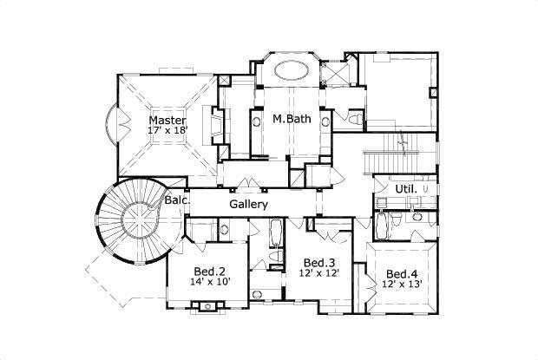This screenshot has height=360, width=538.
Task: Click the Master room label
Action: tap(167, 121)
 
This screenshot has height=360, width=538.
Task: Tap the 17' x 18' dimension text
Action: tap(167, 131)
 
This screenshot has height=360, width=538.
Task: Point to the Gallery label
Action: tap(248, 204)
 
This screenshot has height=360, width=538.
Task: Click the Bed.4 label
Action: tap(402, 272)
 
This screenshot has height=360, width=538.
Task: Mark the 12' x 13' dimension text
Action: tap(402, 283)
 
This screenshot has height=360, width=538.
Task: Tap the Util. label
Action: tap(405, 188)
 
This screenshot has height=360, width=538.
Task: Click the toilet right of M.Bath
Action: tap(356, 119)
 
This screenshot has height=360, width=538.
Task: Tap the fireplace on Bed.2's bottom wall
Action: tap(206, 305)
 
